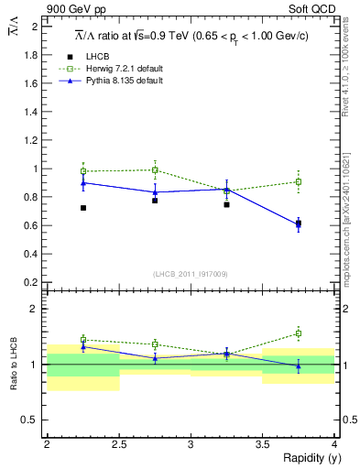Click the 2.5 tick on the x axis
[x=118, y=444]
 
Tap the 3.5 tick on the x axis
[x=262, y=444]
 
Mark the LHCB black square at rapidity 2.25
[x=83, y=208]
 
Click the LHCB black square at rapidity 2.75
[x=155, y=200]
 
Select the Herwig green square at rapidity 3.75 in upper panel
[x=299, y=181]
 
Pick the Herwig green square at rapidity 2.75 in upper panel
[x=155, y=169]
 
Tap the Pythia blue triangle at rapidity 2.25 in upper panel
[x=83, y=182]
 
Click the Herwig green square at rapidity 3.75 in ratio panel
[x=299, y=333]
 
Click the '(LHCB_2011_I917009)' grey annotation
[x=191, y=274]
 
